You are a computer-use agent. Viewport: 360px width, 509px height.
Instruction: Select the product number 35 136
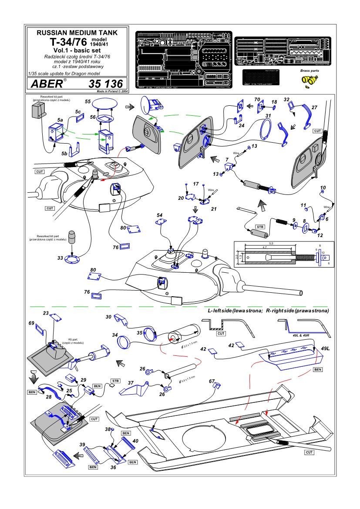[106, 83]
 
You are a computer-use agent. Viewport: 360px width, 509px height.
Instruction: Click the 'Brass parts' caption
[310, 70]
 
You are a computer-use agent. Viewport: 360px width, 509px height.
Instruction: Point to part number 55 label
[87, 101]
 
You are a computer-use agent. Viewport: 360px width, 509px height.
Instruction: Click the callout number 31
[269, 116]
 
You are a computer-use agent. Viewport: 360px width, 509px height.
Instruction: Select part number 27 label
[314, 107]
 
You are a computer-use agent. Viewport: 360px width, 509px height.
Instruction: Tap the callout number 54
[159, 216]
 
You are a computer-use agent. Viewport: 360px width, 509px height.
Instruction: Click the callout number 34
[114, 335]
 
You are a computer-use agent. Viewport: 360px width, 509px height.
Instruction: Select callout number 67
[212, 382]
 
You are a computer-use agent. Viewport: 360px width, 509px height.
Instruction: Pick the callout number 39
[81, 444]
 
